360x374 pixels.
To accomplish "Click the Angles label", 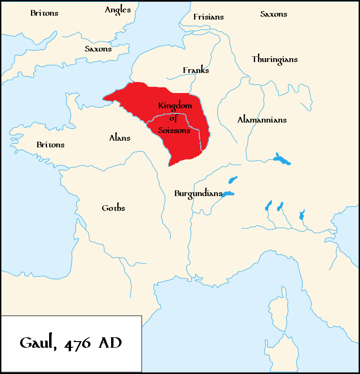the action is (x=118, y=10).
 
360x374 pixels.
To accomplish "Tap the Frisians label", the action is (x=208, y=17).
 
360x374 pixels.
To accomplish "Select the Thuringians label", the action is (x=275, y=60).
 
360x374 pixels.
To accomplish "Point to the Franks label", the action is (x=196, y=71).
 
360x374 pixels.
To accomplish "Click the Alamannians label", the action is (x=262, y=120).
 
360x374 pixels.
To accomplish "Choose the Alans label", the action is (x=120, y=138).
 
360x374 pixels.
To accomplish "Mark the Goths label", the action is (x=113, y=208).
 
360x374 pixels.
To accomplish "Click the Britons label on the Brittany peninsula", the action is (x=51, y=145).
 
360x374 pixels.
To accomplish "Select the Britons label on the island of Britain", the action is (x=44, y=13).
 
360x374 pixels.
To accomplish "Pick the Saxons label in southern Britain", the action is (x=98, y=49).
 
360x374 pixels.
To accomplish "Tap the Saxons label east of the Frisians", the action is (x=274, y=14).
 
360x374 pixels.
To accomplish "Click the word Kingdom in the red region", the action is (x=175, y=105).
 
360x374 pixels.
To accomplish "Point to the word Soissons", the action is (x=175, y=130).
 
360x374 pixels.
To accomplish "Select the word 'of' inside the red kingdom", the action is (x=173, y=118).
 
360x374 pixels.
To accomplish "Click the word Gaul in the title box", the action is (x=40, y=343).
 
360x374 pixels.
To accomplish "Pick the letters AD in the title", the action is (x=110, y=343).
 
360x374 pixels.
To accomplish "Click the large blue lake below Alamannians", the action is (x=282, y=159).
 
